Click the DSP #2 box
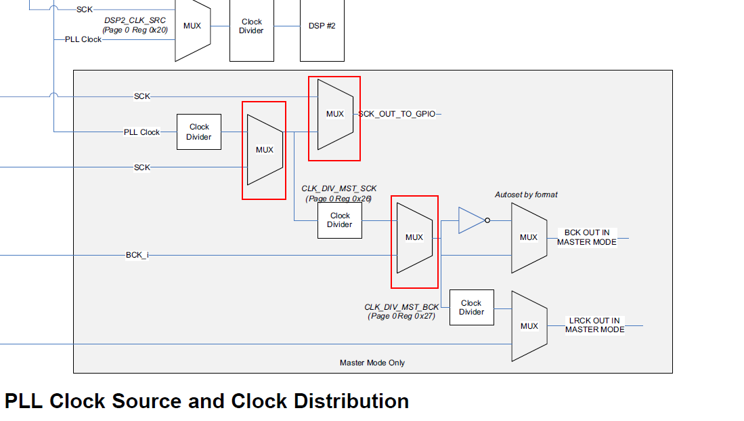322,26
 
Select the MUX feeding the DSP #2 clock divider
192,26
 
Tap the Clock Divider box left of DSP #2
251,26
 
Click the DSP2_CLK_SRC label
135,21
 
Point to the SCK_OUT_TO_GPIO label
397,115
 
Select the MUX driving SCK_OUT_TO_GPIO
334,114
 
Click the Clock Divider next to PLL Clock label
199,132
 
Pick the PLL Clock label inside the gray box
141,132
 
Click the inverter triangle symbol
471,220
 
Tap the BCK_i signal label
137,256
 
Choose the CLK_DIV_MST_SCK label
338,188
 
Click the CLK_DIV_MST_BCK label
401,307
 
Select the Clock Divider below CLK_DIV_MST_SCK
340,220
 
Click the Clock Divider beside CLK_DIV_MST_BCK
471,308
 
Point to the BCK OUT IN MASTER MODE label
586,237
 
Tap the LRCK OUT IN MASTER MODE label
594,325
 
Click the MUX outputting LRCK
529,326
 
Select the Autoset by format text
526,195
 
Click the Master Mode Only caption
372,363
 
